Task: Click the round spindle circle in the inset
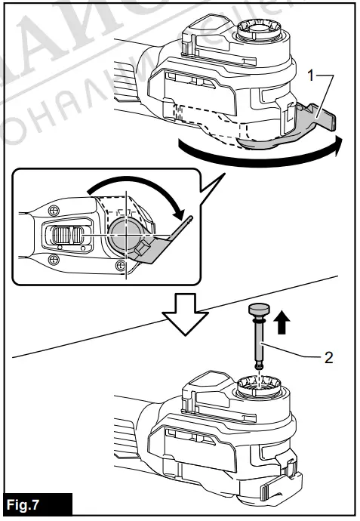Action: pos(124,233)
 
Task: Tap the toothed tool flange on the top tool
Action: pos(258,34)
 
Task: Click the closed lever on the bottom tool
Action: pos(291,472)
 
